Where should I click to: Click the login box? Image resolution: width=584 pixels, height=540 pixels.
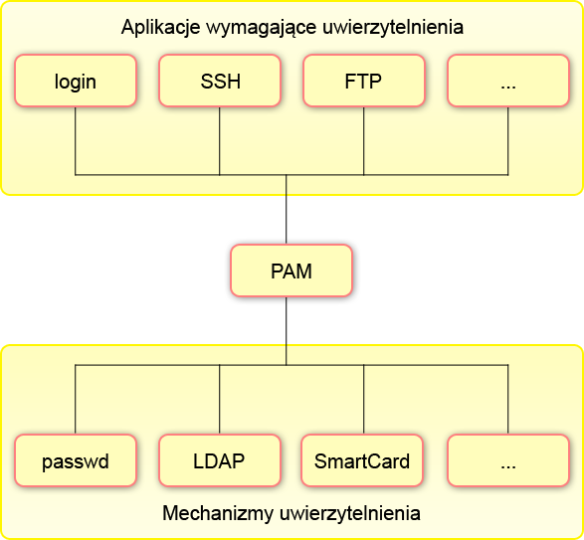click(x=76, y=81)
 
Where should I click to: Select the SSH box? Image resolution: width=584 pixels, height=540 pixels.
click(x=220, y=81)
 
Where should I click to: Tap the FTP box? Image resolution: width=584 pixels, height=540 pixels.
click(x=363, y=81)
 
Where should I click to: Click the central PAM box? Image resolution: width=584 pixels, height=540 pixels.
click(x=292, y=270)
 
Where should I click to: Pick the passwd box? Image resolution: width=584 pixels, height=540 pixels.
click(x=76, y=461)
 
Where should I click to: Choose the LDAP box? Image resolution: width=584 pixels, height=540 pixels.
click(x=220, y=461)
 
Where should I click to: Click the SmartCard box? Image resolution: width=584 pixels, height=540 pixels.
click(x=363, y=461)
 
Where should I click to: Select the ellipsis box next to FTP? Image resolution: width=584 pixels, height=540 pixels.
click(x=507, y=81)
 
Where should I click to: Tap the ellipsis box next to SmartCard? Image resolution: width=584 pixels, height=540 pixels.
click(x=507, y=461)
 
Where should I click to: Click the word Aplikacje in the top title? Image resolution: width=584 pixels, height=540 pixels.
click(x=158, y=27)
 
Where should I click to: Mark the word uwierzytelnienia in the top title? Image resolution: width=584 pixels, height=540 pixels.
click(x=394, y=27)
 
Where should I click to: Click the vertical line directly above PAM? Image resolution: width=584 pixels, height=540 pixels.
click(x=287, y=210)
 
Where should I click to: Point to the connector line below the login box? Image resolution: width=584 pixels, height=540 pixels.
click(x=76, y=140)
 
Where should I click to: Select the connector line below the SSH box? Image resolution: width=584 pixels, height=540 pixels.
click(x=220, y=140)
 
